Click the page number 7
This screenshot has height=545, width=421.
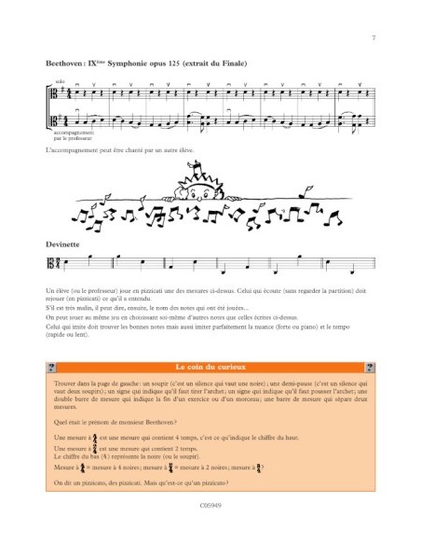coord(373,38)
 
